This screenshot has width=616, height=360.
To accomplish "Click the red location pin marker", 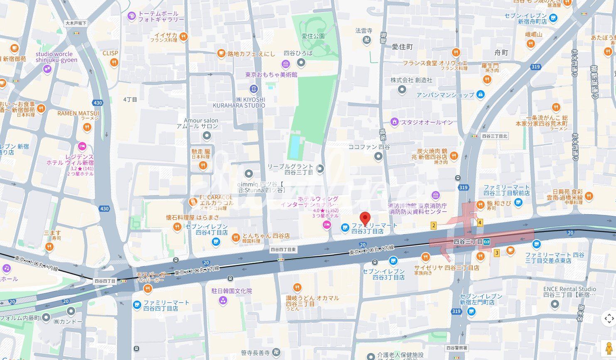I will tap(365, 218).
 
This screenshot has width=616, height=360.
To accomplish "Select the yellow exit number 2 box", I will tap(434, 225).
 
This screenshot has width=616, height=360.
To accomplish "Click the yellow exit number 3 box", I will tap(496, 252).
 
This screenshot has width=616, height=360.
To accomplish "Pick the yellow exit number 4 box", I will tap(480, 223).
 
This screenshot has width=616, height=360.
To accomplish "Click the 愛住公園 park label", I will tap(313, 36).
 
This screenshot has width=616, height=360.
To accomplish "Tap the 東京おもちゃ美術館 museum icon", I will tap(285, 64).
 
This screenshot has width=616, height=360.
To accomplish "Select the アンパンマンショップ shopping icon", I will tap(481, 95).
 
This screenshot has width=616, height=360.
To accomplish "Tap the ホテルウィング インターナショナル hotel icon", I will tap(327, 225).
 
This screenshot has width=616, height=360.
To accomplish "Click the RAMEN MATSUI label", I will tap(78, 113).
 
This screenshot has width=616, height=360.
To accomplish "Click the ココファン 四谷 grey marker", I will tap(378, 157).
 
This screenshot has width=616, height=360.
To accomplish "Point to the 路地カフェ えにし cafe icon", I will tap(221, 53).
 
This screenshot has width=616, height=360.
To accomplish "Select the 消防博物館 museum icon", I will tap(435, 195).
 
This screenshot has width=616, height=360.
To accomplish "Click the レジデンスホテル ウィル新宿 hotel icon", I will tap(82, 146).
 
